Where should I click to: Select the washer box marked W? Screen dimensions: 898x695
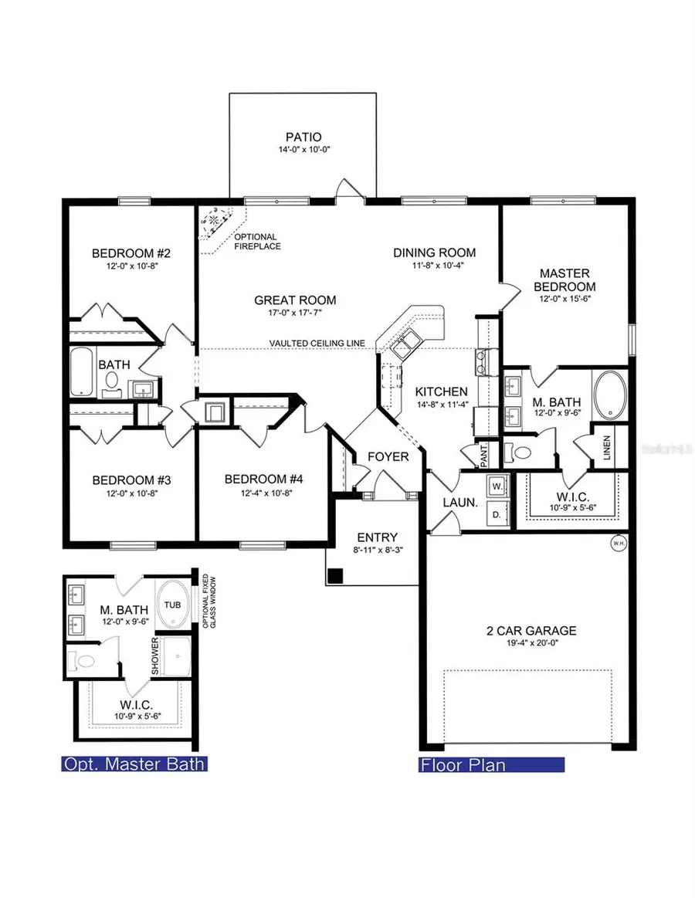click(497, 486)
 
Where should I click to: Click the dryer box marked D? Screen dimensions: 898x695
click(497, 513)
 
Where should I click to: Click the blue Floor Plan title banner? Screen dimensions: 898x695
click(490, 765)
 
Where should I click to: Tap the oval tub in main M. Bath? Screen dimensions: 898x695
click(612, 392)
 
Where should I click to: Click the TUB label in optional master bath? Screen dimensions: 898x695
click(174, 605)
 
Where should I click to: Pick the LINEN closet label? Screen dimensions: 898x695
click(608, 447)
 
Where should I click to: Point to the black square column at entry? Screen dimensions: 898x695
click(335, 575)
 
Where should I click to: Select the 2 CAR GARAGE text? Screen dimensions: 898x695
click(527, 631)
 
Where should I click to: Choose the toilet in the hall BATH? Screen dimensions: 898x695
click(110, 381)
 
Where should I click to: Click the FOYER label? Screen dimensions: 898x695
click(388, 457)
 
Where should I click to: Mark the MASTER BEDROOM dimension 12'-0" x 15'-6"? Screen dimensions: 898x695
click(564, 299)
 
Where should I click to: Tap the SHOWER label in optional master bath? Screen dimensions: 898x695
click(155, 656)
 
